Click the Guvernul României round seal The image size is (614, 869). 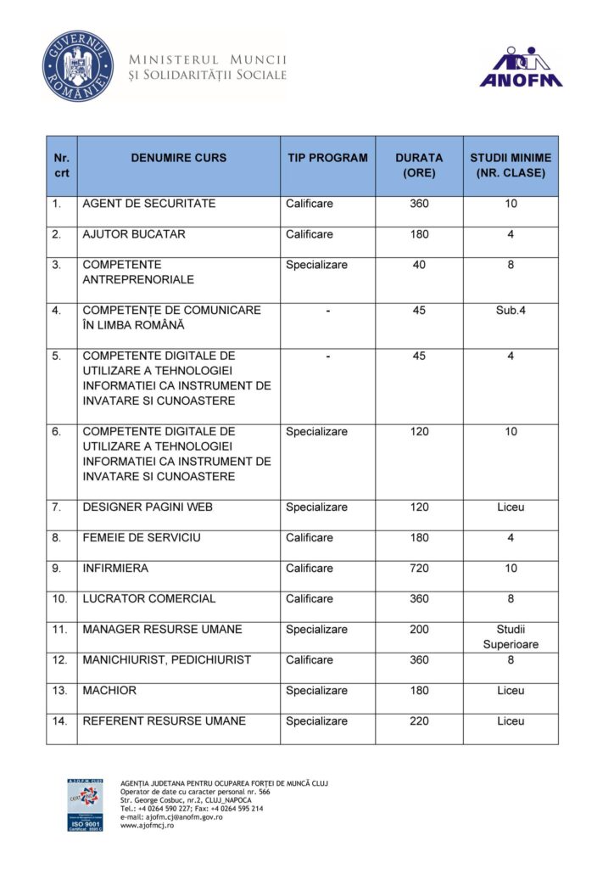coord(78,66)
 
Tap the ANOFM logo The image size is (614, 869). coord(521,67)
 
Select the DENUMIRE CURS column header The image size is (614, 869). coord(179,158)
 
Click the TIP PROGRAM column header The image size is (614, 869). coord(327,158)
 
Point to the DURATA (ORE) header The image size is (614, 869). coord(419,165)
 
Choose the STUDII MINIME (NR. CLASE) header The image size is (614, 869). coord(511,165)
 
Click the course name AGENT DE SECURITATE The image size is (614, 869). coord(149,204)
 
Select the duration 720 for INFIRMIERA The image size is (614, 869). coord(419,569)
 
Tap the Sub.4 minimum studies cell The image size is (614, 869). coord(511,311)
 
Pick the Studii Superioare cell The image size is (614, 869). coord(511,637)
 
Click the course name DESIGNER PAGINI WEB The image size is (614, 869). coord(148,507)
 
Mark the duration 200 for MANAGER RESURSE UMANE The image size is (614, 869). coord(419,630)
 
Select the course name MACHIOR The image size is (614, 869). coord(109,691)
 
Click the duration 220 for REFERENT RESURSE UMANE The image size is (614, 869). coord(419,721)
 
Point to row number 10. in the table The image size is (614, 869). coord(59,599)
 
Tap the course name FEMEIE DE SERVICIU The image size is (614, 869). coord(142,538)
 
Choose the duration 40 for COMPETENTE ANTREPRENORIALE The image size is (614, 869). coord(419,265)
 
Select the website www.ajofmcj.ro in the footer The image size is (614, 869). coord(148,826)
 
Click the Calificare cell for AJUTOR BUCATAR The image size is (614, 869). coord(310,234)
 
